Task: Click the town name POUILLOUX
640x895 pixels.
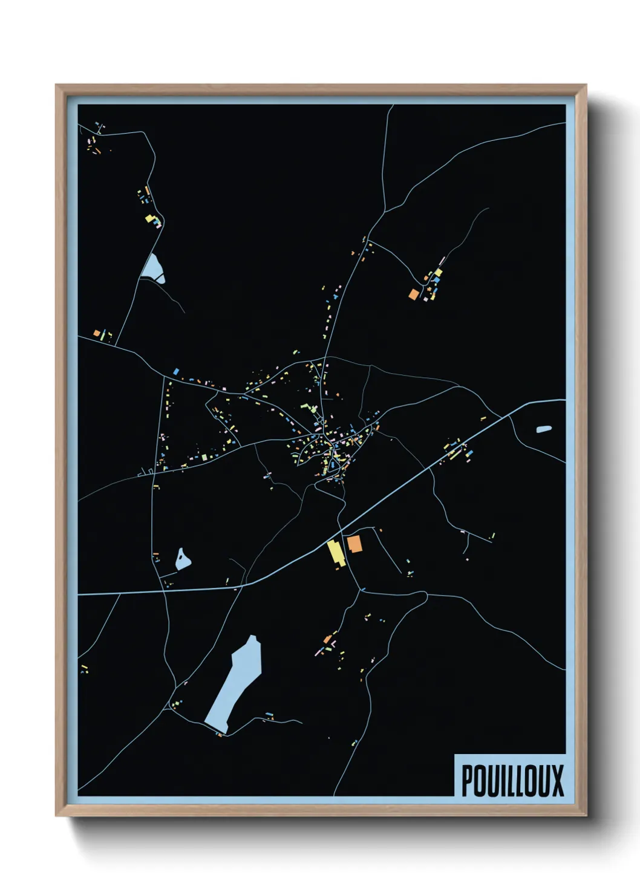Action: click(512, 780)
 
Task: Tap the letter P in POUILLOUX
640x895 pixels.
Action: click(468, 780)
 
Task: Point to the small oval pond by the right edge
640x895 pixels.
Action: click(544, 429)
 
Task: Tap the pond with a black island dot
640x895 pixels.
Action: click(183, 559)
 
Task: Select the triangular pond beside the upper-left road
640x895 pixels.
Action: click(152, 267)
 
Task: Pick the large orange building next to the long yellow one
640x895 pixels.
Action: click(354, 543)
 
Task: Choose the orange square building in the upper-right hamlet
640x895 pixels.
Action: click(414, 295)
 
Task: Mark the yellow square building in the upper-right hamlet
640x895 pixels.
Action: click(439, 273)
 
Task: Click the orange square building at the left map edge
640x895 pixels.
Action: click(96, 333)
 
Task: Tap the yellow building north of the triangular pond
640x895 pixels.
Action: click(148, 218)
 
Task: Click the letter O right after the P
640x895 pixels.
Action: click(481, 780)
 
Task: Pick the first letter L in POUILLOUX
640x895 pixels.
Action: click(512, 780)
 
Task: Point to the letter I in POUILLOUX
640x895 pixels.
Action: click(503, 780)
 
